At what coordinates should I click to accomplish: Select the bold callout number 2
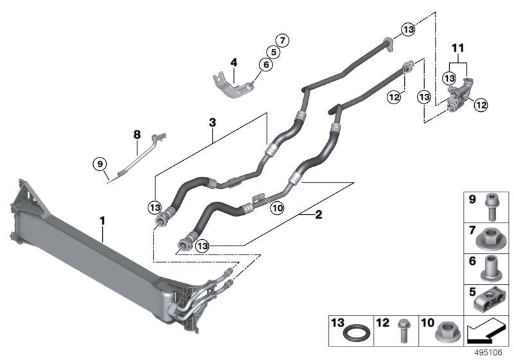pyautogui.click(x=317, y=216)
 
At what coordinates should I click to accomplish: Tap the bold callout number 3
pyautogui.click(x=213, y=122)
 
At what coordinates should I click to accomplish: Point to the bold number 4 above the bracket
pyautogui.click(x=234, y=63)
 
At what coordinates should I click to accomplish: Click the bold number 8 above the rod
pyautogui.click(x=137, y=134)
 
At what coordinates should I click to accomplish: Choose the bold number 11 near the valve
pyautogui.click(x=457, y=48)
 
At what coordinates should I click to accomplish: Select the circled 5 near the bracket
pyautogui.click(x=274, y=51)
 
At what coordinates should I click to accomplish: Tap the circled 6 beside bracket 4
pyautogui.click(x=265, y=64)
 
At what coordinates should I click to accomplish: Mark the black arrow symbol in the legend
pyautogui.click(x=485, y=332)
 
